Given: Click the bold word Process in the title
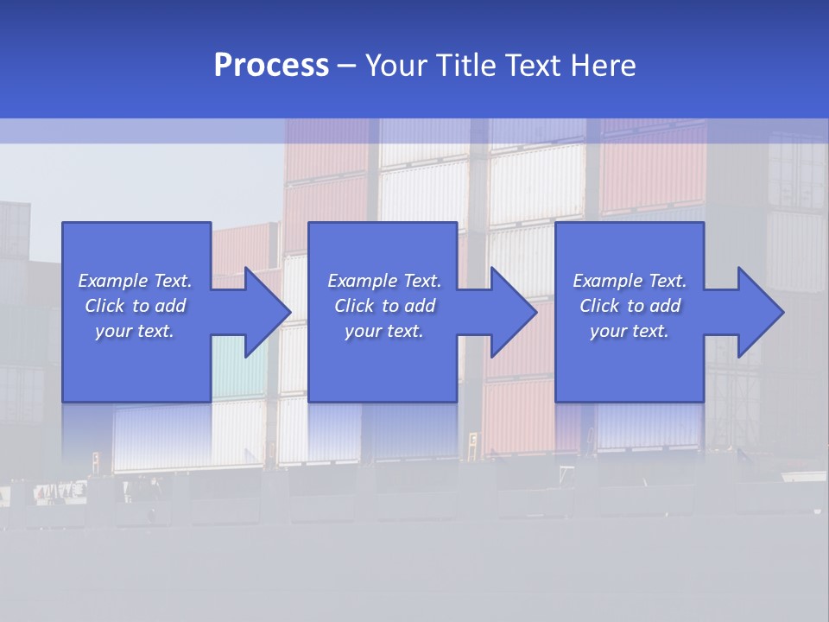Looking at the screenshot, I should point(271,66).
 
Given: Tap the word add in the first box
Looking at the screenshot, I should point(171,306).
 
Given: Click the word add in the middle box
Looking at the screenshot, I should point(420,306).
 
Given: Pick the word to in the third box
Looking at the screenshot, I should point(636,306).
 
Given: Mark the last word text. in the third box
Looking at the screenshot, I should point(650,331).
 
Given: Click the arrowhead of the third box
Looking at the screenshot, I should point(760,312).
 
